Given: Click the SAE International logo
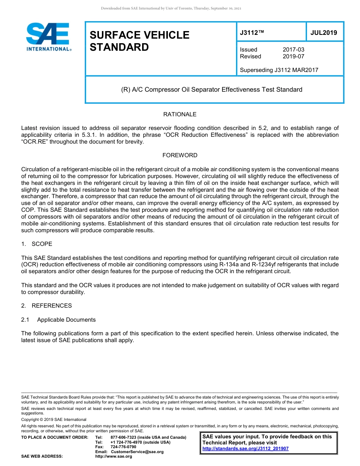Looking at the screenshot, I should (48, 37).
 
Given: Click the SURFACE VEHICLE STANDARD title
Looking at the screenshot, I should (139, 41).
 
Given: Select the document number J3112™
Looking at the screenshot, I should (252, 33).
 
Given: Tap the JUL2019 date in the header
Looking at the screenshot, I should (324, 33).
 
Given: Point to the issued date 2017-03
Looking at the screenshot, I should (293, 50).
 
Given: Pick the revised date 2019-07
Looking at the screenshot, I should (293, 56).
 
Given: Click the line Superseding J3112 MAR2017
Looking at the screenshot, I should (279, 70).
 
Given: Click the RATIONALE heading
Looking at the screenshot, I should (180, 114).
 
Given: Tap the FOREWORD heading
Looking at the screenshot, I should (180, 155).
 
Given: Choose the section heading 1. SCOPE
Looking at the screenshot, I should (37, 244).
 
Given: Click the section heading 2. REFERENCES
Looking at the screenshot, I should (46, 306).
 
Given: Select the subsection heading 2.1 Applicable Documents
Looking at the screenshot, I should (58, 320).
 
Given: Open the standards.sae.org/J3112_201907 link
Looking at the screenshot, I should (245, 449).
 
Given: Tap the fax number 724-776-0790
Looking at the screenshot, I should (123, 447).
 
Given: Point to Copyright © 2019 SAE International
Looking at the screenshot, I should (54, 419).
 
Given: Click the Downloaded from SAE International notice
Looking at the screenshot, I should (171, 8).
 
